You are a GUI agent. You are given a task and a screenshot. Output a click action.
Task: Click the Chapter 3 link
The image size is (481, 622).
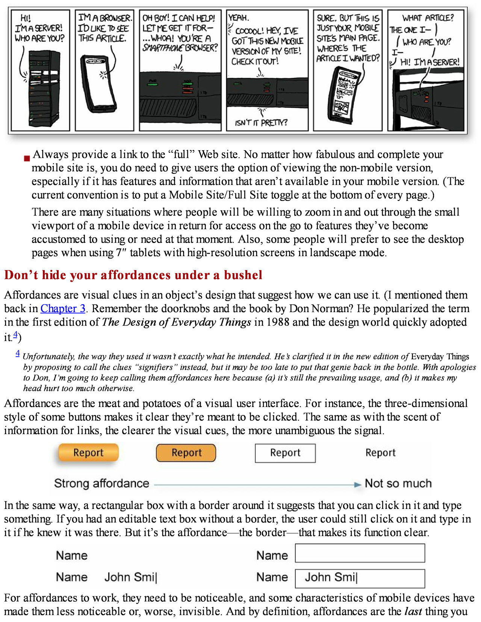click(63, 308)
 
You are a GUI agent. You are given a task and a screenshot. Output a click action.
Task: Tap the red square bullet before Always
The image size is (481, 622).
click(27, 158)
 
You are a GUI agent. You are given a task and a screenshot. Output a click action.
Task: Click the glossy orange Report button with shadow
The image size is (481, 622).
click(88, 452)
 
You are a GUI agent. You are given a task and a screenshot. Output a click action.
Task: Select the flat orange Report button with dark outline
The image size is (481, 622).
click(186, 453)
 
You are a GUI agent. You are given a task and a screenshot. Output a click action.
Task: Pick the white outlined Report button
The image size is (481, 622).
click(285, 453)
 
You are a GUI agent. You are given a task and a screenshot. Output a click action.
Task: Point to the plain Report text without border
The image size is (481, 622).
click(380, 453)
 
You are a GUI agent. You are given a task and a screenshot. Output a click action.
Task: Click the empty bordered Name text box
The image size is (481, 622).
click(360, 553)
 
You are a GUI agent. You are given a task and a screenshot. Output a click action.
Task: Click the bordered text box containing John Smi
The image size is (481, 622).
click(360, 578)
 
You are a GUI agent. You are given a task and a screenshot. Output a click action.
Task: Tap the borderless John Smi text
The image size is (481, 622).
click(130, 577)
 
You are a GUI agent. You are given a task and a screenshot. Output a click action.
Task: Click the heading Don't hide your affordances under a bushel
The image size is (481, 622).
click(133, 275)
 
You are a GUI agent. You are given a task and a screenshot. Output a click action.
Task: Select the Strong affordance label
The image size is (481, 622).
click(101, 483)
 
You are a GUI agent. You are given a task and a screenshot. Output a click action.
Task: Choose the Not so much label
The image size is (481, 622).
click(398, 483)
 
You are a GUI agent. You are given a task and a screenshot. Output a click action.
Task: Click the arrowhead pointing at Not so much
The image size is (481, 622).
click(357, 485)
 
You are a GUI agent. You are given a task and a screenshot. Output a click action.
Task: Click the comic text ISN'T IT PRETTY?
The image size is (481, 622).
click(261, 122)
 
